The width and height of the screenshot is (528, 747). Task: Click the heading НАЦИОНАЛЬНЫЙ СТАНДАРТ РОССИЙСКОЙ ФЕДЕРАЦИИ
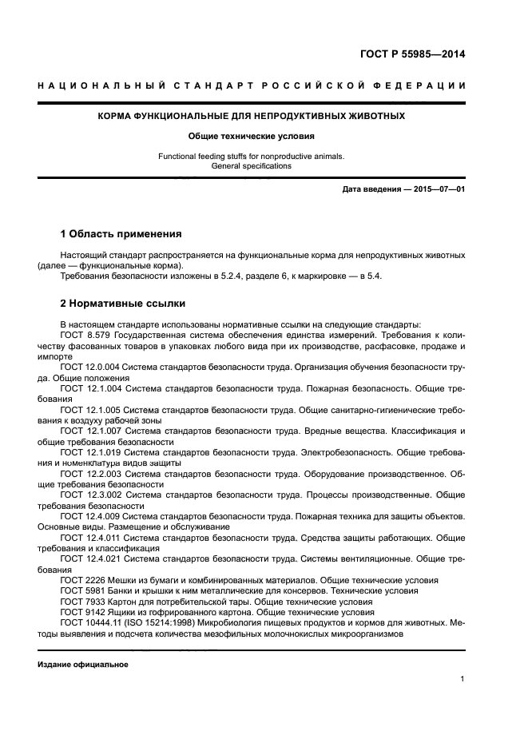252,85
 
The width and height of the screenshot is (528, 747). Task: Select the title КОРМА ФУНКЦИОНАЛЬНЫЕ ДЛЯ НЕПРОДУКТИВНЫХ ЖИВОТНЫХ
252,117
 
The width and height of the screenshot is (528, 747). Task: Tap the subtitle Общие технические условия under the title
252,137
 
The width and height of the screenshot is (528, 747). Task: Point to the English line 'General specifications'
252,166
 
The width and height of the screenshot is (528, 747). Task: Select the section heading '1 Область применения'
121,234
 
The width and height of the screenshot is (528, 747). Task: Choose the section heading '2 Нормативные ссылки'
123,304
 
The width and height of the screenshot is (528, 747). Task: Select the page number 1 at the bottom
462,679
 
